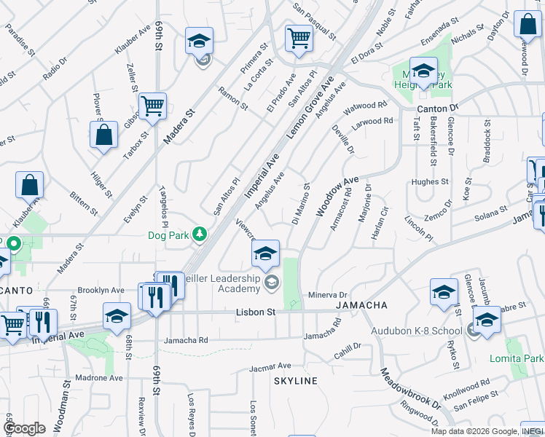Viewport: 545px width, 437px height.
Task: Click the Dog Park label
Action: (x=168, y=235)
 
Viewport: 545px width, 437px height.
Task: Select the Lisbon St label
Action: (x=255, y=312)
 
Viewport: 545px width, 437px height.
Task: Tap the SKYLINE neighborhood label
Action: (x=296, y=381)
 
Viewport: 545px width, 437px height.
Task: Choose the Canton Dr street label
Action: (x=437, y=108)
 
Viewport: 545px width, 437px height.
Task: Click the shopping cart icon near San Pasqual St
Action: (x=299, y=38)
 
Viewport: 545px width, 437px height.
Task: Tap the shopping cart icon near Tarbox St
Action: (x=152, y=106)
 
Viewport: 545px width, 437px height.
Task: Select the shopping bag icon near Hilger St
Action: (x=104, y=135)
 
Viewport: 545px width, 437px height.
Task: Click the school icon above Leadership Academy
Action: (x=265, y=253)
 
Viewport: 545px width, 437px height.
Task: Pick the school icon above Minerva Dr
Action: (x=444, y=293)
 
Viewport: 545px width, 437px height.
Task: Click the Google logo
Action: (x=25, y=428)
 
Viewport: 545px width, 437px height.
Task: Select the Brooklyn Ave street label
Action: (x=101, y=290)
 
